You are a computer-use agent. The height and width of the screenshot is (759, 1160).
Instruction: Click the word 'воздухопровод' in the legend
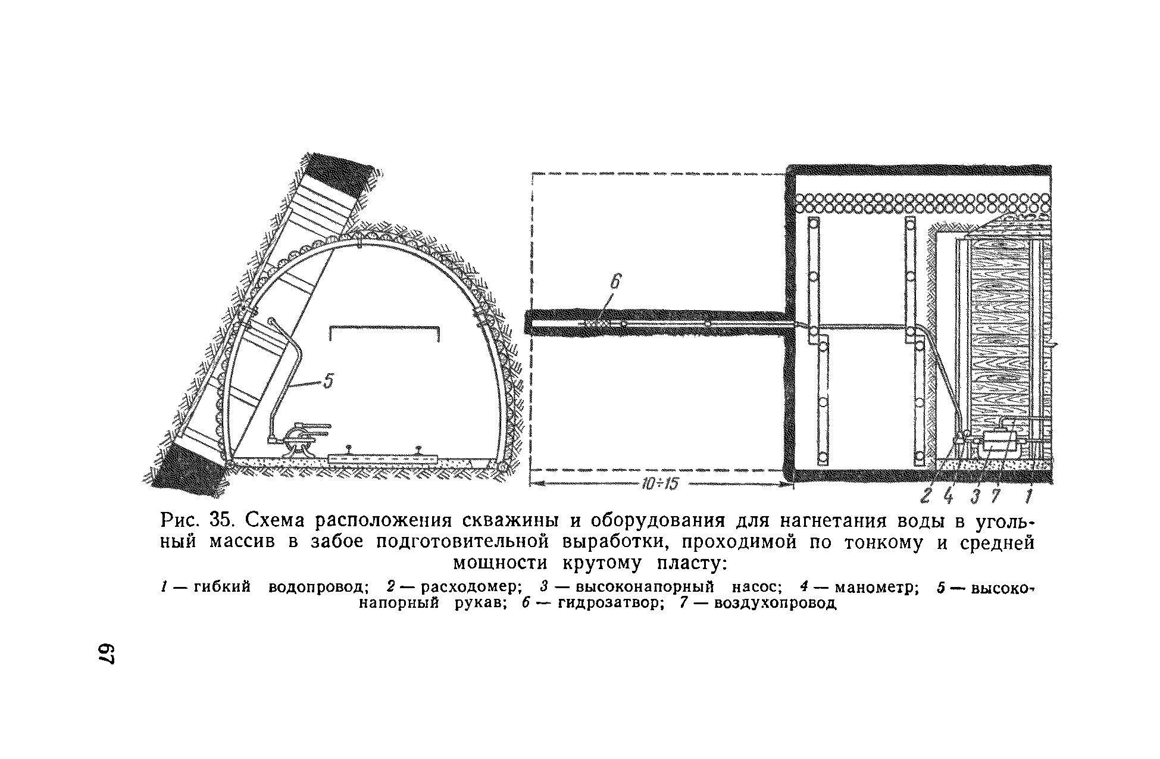[775, 604]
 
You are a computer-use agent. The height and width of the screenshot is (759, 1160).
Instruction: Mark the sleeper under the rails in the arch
[382, 459]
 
